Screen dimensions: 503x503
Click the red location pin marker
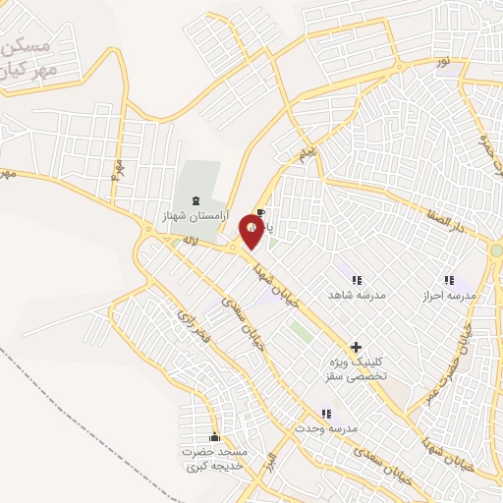click(253, 232)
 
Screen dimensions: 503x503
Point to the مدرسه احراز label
click(449, 295)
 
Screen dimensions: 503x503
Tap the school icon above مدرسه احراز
click(449, 280)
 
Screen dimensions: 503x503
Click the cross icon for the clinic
click(356, 347)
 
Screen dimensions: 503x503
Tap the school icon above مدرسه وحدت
click(326, 414)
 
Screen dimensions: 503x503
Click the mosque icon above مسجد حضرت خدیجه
click(214, 436)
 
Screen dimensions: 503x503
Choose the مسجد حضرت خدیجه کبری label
click(214, 459)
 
